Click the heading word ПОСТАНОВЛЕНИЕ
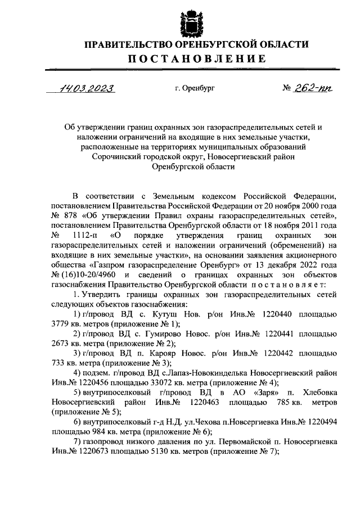pos(181,59)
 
